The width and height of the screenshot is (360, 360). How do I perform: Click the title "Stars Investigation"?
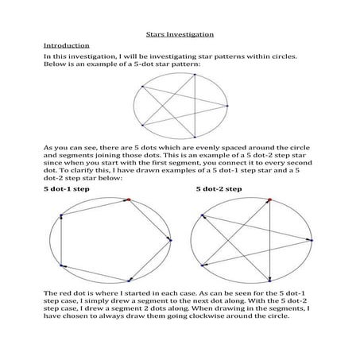coord(180,34)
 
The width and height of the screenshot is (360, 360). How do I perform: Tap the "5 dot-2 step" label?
coord(219,191)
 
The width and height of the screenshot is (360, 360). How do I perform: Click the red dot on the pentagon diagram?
coord(126,200)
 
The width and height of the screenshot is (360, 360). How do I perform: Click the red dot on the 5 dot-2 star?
coord(271,199)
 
